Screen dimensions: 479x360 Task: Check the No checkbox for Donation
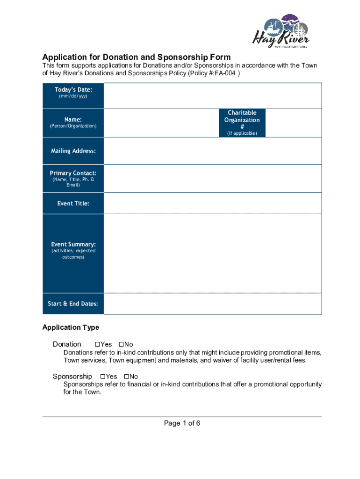click(x=121, y=344)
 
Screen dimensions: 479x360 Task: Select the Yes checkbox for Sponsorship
click(x=102, y=377)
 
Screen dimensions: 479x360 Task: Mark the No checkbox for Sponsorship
click(x=126, y=377)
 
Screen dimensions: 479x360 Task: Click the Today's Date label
click(x=73, y=89)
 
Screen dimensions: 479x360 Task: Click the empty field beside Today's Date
click(x=213, y=96)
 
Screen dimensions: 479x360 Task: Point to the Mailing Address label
click(x=73, y=151)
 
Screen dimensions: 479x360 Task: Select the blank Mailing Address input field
click(x=213, y=151)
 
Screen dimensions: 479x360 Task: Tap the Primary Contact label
click(x=73, y=173)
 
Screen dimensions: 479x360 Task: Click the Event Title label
click(x=73, y=203)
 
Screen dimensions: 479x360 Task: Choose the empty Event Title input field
click(x=213, y=203)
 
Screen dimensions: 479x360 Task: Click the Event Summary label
click(x=73, y=244)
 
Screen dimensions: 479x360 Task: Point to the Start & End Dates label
click(x=73, y=304)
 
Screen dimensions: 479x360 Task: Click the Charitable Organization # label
click(x=242, y=120)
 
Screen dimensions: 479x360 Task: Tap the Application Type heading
click(x=71, y=327)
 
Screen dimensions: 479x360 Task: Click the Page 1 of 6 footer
click(x=182, y=423)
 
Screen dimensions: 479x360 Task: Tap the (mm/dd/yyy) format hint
click(x=73, y=96)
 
